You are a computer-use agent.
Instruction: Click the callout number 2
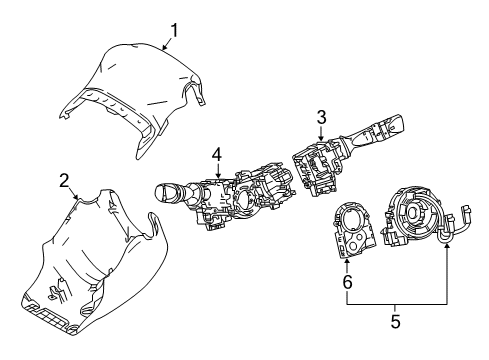64,180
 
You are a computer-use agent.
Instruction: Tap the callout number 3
321,118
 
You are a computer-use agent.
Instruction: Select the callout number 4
215,154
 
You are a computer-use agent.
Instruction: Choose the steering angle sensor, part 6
351,230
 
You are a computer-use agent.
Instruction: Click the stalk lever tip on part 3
396,127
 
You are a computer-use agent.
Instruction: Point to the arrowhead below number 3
320,139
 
